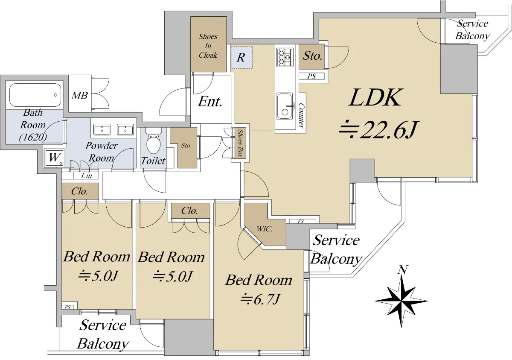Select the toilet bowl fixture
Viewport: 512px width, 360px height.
tap(152, 143)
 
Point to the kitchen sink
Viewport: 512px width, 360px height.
tap(285, 106)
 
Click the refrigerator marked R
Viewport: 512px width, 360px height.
tap(241, 58)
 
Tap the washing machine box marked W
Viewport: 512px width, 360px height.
tap(54, 157)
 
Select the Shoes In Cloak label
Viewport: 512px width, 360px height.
tap(208, 46)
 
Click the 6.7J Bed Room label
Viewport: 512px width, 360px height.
tap(259, 289)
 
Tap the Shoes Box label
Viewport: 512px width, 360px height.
tap(240, 144)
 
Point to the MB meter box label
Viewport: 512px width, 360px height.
tap(79, 95)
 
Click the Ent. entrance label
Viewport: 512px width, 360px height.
tap(210, 102)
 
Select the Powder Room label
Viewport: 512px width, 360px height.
tap(102, 151)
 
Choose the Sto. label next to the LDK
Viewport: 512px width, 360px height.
tap(313, 56)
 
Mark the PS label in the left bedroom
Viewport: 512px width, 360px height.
tap(67, 307)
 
